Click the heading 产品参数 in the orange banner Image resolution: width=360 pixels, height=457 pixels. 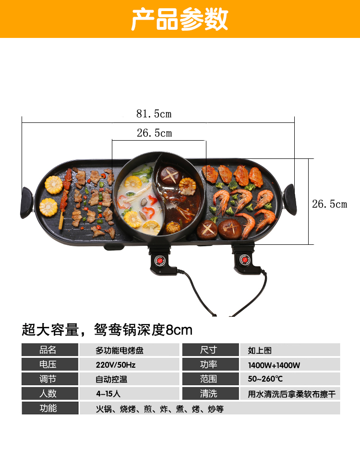pos(180,19)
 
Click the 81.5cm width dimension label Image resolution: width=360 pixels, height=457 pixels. pos(154,114)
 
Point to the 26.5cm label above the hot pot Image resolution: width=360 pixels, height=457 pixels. pos(154,133)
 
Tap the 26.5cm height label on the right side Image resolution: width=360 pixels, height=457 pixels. pos(329,204)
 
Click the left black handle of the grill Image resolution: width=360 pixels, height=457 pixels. pos(26,202)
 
